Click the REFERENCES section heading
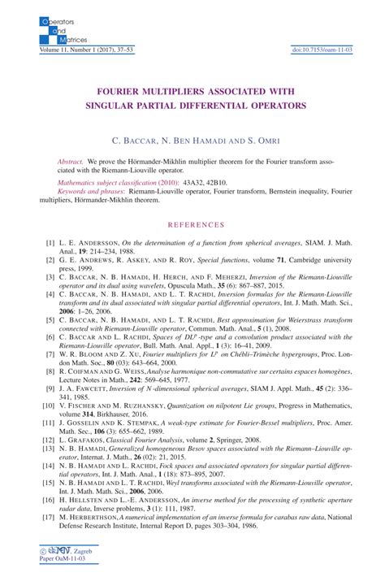(x=192, y=223)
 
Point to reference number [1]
(x=50, y=242)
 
